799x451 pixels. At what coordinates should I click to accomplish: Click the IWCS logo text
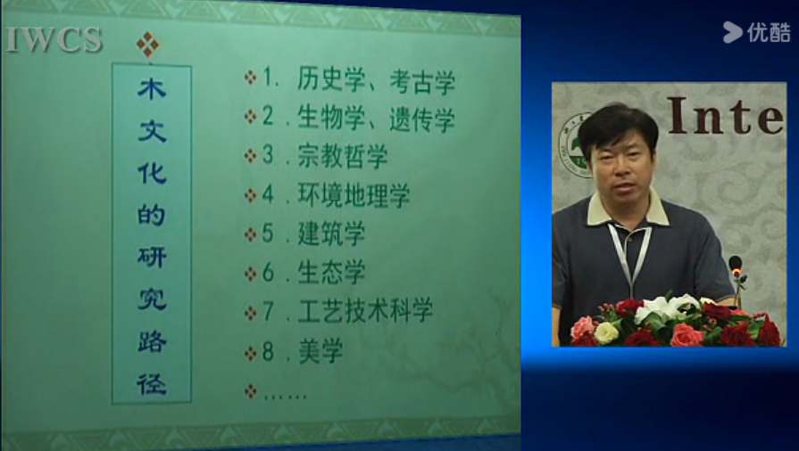tap(54, 40)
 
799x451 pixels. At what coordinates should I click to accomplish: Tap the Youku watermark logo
tap(757, 32)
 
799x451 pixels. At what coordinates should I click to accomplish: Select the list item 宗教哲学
tap(343, 156)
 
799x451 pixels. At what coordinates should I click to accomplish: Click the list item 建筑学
tap(331, 234)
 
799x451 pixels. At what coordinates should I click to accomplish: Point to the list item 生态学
tap(331, 273)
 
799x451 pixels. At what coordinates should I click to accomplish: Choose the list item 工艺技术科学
tap(365, 310)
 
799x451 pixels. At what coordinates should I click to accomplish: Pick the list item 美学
tap(320, 351)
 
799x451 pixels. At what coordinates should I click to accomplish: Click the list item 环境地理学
tap(354, 195)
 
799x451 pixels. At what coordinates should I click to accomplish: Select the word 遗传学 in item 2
tap(422, 120)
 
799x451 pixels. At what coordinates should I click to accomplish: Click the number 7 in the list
tap(268, 311)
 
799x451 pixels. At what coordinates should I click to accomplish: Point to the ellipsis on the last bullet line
tap(285, 396)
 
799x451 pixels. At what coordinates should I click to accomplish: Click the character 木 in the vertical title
tap(152, 88)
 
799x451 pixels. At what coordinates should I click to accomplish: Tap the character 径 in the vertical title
tap(152, 384)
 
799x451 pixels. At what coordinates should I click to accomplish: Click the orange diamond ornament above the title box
tap(148, 45)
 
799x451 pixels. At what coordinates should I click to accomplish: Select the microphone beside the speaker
tap(737, 277)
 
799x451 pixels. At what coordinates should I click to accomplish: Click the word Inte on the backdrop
tap(726, 116)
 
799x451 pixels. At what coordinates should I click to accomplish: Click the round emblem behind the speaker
tap(574, 145)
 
